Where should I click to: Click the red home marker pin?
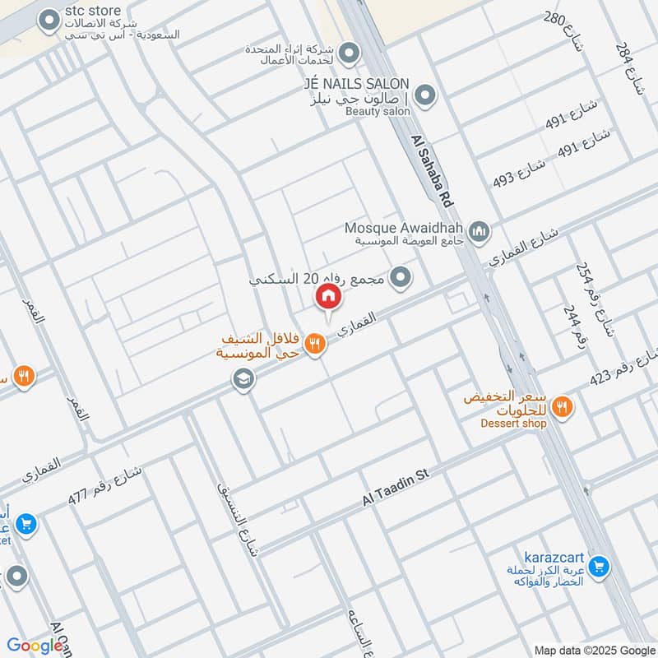pos(327,297)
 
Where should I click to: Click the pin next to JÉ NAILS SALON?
pos(424,96)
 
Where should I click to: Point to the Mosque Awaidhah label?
pos(405,227)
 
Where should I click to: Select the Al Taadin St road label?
pos(397,489)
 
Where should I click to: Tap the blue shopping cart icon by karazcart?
pos(599,567)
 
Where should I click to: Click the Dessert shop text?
pos(514,424)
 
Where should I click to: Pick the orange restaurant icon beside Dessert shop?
pos(563,405)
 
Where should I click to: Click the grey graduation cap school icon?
pos(243,379)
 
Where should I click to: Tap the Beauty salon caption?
pos(377,111)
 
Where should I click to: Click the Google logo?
pos(35,646)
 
